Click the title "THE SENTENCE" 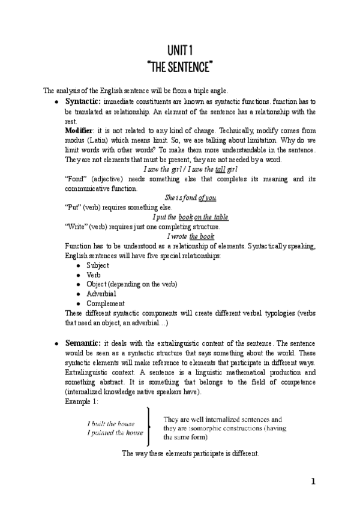(180, 64)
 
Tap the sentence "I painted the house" (115, 432)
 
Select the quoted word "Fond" (74, 178)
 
